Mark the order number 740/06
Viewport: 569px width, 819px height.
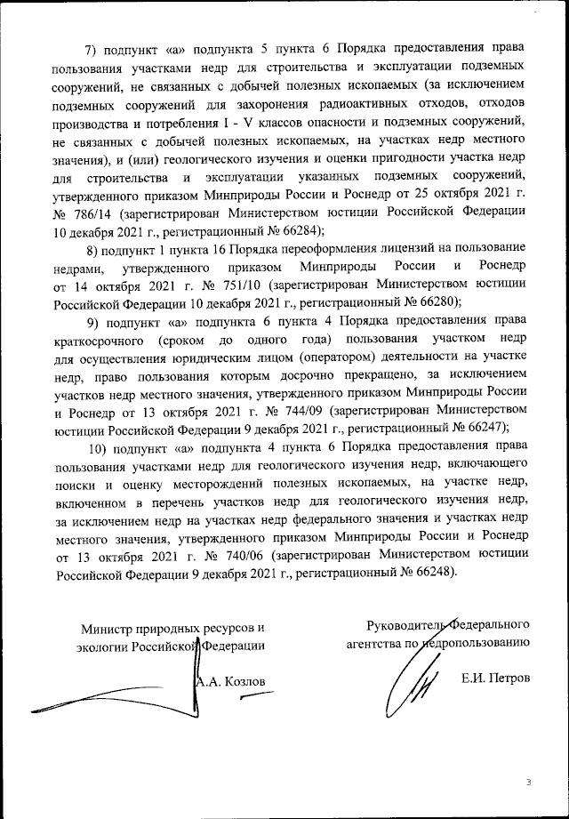point(243,554)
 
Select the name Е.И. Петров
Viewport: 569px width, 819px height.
point(495,680)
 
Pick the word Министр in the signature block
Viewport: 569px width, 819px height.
point(106,628)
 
